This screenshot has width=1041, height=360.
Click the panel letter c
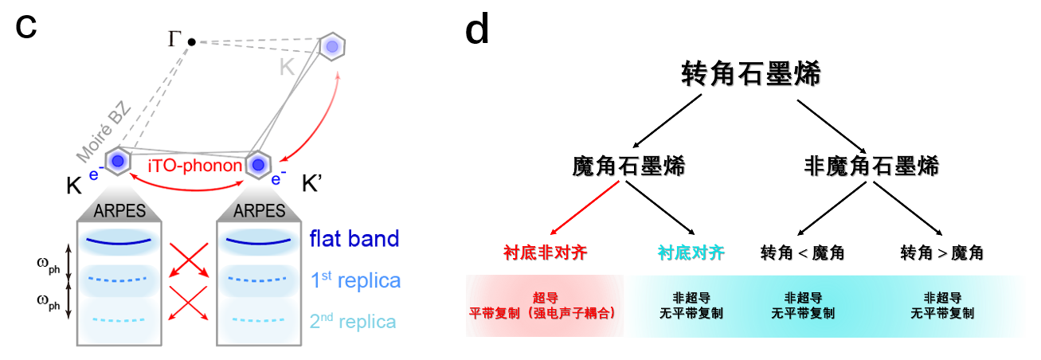click(x=27, y=25)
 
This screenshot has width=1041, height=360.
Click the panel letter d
click(x=476, y=29)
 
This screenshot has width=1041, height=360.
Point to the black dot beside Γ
click(x=192, y=41)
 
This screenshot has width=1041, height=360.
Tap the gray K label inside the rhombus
click(x=288, y=69)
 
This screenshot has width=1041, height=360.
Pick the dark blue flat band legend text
click(x=354, y=239)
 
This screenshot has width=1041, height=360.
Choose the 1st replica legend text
click(x=354, y=280)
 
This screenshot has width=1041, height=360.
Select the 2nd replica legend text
click(x=353, y=322)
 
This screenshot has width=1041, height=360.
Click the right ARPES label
click(x=259, y=211)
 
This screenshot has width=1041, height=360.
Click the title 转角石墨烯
click(x=751, y=75)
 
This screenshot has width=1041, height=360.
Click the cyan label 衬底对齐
click(x=691, y=253)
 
